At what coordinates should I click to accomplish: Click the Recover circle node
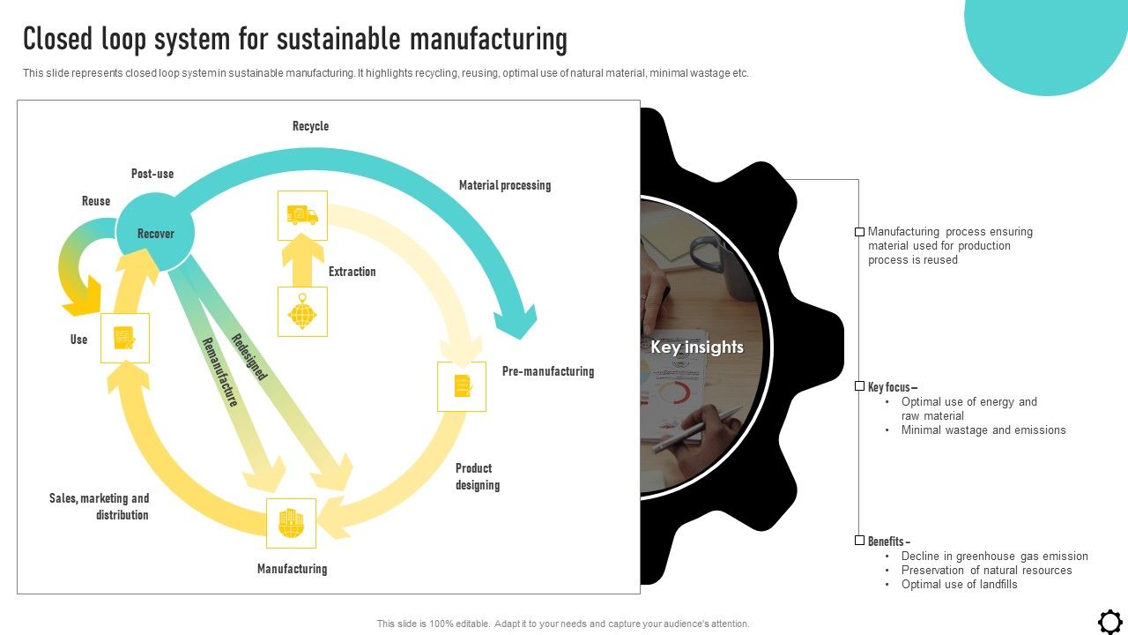click(x=155, y=233)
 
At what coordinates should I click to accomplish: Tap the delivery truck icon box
click(x=302, y=215)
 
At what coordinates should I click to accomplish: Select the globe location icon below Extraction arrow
click(x=302, y=311)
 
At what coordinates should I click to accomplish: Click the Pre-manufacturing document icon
click(x=462, y=386)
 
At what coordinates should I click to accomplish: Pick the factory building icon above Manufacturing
click(x=292, y=523)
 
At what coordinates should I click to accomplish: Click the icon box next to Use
click(x=125, y=338)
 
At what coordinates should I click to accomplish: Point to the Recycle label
click(x=310, y=126)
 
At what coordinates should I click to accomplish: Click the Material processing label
click(x=504, y=185)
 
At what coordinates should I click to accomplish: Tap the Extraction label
click(x=352, y=272)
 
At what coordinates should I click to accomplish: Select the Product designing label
click(x=477, y=476)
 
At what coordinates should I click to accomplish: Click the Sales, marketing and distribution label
click(x=99, y=506)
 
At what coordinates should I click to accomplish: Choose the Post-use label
click(x=152, y=174)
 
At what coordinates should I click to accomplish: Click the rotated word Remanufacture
click(x=220, y=371)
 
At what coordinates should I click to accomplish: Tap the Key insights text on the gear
click(x=696, y=347)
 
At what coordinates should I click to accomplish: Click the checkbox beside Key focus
click(x=859, y=386)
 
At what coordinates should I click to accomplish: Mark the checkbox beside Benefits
click(x=859, y=541)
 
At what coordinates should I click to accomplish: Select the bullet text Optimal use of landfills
click(x=959, y=584)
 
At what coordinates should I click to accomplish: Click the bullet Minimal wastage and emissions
click(x=983, y=430)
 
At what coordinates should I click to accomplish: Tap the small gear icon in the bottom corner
click(x=1109, y=621)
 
